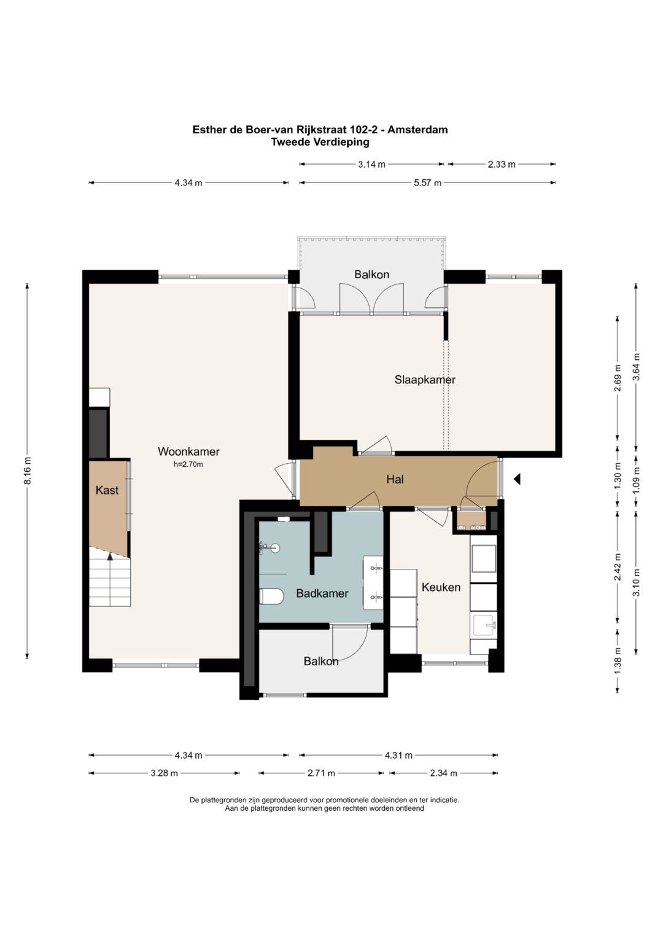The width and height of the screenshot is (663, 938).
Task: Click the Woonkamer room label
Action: click(x=188, y=451)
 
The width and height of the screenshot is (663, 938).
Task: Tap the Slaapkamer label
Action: click(x=425, y=380)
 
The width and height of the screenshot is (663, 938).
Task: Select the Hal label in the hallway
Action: click(x=395, y=480)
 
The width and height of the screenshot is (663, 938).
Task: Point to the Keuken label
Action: click(x=441, y=587)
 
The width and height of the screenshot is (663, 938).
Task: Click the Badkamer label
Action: click(x=322, y=593)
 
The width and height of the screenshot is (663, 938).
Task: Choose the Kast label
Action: click(x=107, y=490)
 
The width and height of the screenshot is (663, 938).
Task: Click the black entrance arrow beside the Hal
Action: click(x=517, y=479)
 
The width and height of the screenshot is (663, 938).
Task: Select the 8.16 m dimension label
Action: click(x=28, y=471)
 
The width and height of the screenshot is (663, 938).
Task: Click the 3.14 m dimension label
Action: click(x=371, y=165)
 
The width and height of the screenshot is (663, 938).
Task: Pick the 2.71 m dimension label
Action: click(x=321, y=773)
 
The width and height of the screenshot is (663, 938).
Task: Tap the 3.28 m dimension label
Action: click(x=164, y=773)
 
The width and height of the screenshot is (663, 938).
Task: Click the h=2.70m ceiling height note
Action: click(x=188, y=464)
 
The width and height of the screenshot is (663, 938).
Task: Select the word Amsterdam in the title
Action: click(x=417, y=130)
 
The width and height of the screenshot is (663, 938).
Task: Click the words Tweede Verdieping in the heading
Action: click(x=320, y=142)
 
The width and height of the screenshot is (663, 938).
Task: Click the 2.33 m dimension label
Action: click(x=502, y=165)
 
